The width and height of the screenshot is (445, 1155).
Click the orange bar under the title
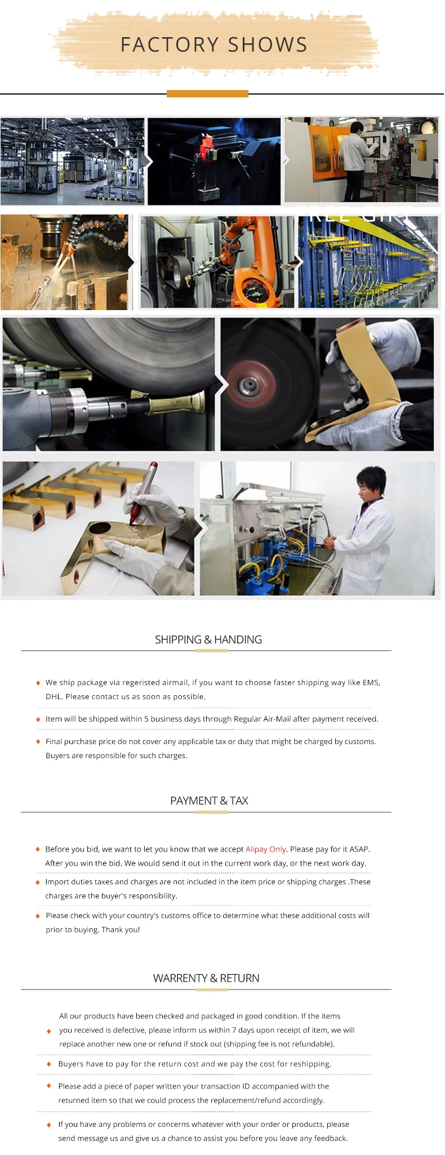(x=207, y=93)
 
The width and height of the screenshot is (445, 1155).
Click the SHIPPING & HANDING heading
(x=208, y=639)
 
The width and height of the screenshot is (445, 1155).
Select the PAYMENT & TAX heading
(x=209, y=800)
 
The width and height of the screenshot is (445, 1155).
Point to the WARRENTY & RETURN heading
(x=206, y=978)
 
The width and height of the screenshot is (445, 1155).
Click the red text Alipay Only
(x=266, y=849)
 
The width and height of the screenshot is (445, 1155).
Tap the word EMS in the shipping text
(x=371, y=682)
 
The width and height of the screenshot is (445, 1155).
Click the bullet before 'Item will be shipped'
(x=38, y=719)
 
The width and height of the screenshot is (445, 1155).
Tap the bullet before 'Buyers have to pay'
(x=49, y=1064)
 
